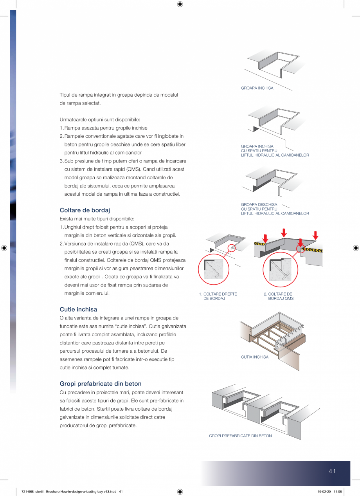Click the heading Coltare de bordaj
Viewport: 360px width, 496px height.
(x=85, y=210)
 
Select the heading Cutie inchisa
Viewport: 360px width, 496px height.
(x=78, y=309)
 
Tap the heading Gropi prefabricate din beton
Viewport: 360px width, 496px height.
(x=101, y=384)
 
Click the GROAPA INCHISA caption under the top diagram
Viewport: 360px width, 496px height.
(x=257, y=88)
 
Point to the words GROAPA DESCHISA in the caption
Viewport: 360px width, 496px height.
(x=259, y=204)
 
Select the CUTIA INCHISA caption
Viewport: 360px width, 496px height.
(x=255, y=357)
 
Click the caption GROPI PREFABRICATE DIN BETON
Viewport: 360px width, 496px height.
(x=240, y=436)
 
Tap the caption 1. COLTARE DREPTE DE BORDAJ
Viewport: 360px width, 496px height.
(x=218, y=296)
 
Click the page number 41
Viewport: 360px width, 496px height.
(x=332, y=471)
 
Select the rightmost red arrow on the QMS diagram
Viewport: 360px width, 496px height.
(x=315, y=235)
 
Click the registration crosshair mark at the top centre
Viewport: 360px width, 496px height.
(x=180, y=4)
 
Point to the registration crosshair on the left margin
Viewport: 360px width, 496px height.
(x=4, y=248)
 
